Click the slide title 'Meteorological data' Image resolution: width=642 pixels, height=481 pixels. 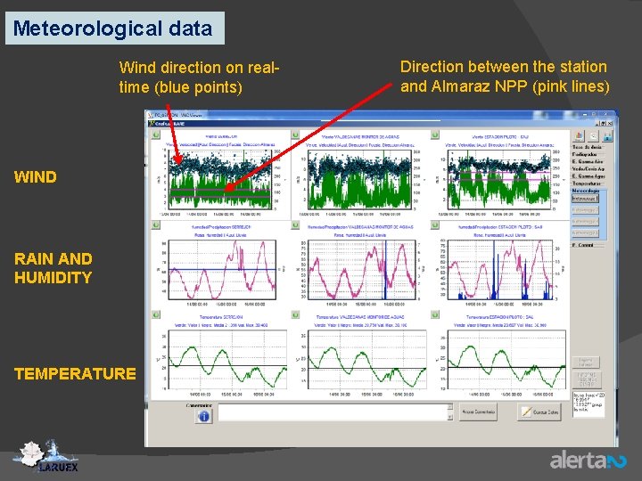113,28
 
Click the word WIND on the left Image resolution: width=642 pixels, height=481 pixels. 36,176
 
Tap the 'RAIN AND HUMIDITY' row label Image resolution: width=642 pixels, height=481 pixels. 53,268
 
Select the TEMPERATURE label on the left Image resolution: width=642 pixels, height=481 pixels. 75,373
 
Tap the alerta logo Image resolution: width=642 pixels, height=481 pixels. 588,460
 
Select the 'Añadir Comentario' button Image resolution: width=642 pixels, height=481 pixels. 480,412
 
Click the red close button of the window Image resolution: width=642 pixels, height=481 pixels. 611,115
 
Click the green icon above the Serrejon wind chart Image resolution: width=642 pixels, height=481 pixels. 157,135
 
